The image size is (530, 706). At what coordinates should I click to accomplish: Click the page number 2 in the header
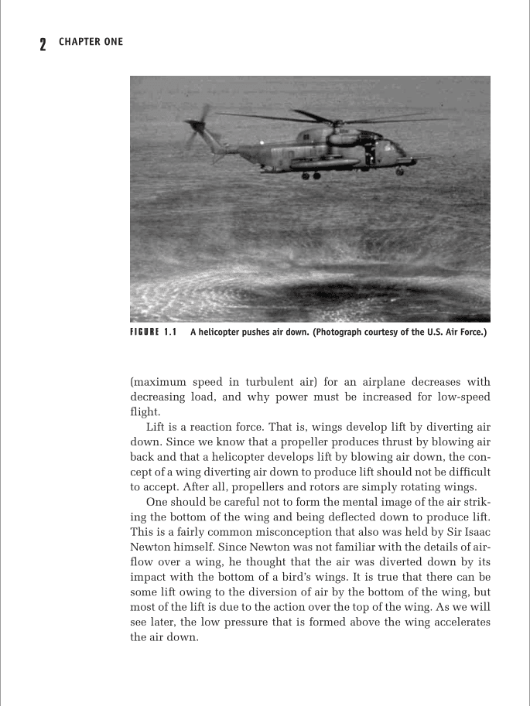43,43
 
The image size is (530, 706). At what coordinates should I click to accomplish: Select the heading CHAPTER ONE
91,42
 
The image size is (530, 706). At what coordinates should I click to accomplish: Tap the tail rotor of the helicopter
196,127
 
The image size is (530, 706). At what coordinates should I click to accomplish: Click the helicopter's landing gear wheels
311,176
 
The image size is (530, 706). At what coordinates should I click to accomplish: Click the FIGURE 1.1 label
153,333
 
